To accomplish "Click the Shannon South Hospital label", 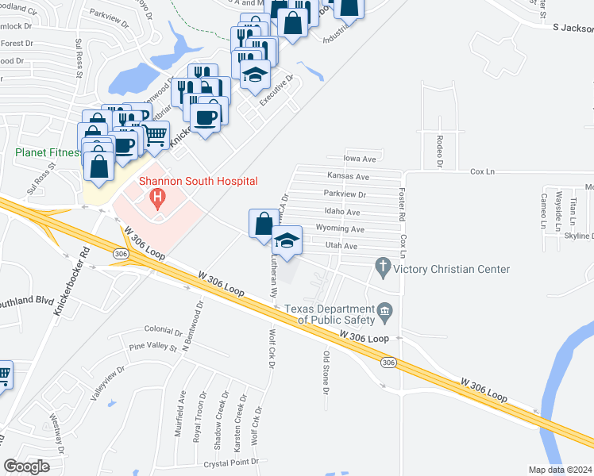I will [x=199, y=181].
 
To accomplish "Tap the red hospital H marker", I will [x=158, y=196].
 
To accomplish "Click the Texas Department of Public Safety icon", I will [x=385, y=309].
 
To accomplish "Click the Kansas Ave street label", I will [x=349, y=176].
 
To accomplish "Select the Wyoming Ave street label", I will [x=339, y=229].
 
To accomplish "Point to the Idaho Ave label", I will [x=342, y=212].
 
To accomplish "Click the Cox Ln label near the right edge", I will [x=483, y=171].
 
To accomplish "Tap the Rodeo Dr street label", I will [x=439, y=151].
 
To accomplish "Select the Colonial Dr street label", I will [x=164, y=330].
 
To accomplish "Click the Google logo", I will [x=27, y=466].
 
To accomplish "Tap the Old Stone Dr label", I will [x=325, y=372].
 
